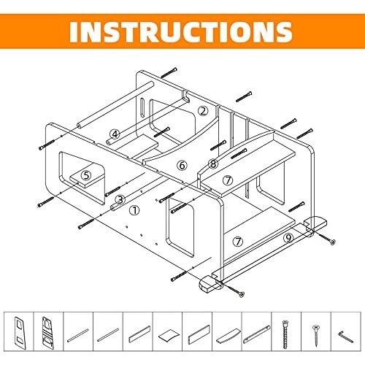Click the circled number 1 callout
pos(134,210)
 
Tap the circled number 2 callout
pos(203,111)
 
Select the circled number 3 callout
pos(120,200)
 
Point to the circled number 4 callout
pos(115,134)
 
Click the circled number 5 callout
pos(86,175)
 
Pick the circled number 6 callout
pos(182,166)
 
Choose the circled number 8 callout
pos(213,164)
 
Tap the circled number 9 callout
pos(288,237)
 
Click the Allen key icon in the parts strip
pos(346,337)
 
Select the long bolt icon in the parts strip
pos(285,334)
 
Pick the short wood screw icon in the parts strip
pos(315,335)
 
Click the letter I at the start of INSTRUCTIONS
pos(74,32)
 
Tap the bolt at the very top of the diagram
pos(169,72)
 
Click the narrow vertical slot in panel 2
pos(142,108)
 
